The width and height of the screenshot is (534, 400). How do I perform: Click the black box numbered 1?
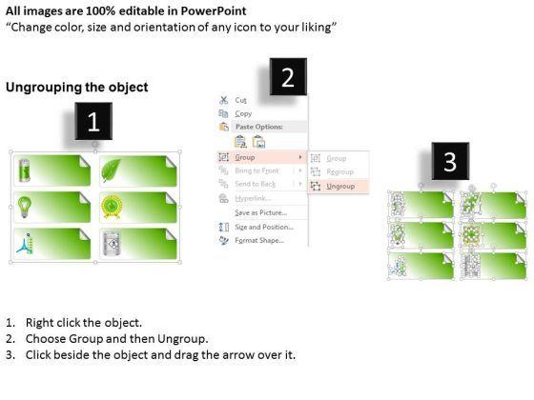point(93,121)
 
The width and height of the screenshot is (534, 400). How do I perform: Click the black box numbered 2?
point(288,77)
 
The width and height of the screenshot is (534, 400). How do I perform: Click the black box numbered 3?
point(450,161)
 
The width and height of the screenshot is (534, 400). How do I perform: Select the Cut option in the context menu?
point(240,100)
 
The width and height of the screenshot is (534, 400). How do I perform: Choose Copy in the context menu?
point(243,113)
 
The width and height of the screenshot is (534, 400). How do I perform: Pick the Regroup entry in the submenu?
point(339,172)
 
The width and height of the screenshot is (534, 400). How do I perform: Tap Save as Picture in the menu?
point(261,213)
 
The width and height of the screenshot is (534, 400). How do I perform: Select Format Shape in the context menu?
point(259,240)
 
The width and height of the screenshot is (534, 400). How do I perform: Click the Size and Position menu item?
point(264,227)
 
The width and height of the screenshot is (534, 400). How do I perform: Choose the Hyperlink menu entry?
point(253,198)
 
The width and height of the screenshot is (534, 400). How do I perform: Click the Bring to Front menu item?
point(257,170)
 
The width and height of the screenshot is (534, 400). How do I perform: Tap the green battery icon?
point(25,170)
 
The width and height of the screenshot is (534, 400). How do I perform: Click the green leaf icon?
point(111,170)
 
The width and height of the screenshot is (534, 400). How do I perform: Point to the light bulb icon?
point(25,207)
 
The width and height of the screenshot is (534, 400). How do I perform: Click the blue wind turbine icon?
point(25,244)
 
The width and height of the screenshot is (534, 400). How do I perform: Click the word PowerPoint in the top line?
point(214,10)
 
